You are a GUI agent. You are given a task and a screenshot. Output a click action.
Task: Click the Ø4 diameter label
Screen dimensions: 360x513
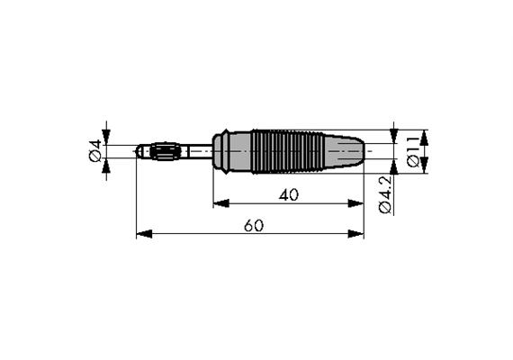(x=94, y=151)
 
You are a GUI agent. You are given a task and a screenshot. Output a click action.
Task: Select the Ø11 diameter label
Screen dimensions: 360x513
(x=413, y=151)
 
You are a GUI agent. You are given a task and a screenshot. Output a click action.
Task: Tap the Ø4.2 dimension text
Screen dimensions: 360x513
(x=385, y=195)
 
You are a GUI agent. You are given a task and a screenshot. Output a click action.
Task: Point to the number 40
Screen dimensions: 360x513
(x=289, y=193)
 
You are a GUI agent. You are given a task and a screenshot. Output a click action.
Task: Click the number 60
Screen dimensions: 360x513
(x=253, y=225)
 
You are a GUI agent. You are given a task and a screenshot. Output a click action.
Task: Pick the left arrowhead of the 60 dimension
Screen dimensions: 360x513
(x=141, y=234)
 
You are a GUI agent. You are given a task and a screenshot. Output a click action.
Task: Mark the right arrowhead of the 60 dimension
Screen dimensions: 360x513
(x=358, y=234)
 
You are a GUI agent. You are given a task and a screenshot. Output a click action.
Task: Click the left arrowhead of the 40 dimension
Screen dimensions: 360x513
(x=219, y=203)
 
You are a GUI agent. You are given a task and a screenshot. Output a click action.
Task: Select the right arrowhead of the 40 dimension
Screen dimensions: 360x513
(x=358, y=203)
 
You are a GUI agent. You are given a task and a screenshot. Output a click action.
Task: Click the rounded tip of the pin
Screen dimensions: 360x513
(x=139, y=151)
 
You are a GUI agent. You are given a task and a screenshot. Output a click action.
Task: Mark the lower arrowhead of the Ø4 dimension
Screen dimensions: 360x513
(x=106, y=166)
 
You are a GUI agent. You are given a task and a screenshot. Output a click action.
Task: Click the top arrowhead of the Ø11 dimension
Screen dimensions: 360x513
(x=425, y=135)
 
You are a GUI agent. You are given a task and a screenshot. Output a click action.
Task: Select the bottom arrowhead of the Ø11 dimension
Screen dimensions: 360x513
(x=425, y=167)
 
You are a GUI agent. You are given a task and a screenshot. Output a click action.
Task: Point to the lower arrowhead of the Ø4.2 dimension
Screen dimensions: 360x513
(x=393, y=166)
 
